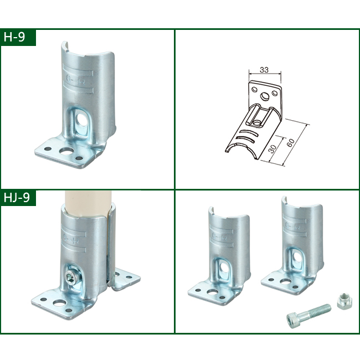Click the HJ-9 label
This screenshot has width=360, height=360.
[x=18, y=198]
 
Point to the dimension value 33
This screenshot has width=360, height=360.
[x=265, y=70]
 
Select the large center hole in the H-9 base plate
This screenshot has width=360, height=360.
[x=65, y=151]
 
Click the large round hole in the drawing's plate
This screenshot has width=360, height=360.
[x=266, y=96]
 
